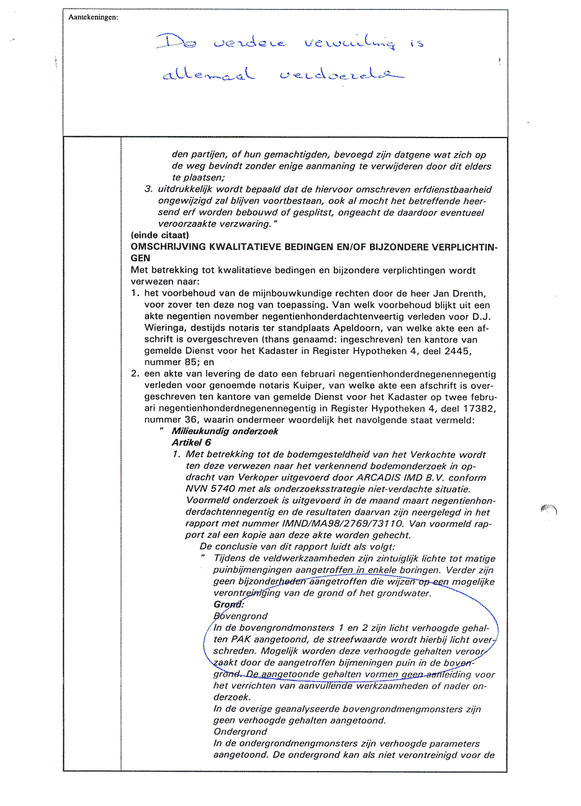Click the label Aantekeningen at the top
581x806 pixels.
[x=93, y=17]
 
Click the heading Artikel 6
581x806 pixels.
[x=191, y=442]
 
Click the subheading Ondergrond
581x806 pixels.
[x=240, y=732]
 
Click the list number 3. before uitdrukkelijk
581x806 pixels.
[x=148, y=190]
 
